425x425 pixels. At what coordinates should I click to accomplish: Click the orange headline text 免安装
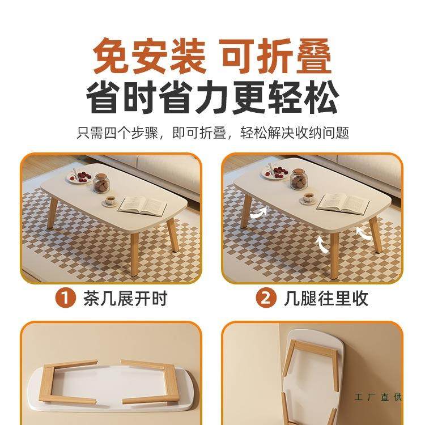coord(148,55)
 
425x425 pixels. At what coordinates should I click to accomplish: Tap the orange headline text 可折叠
coord(276,55)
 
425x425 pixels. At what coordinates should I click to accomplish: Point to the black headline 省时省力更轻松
coord(212,97)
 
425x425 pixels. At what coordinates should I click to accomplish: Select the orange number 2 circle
coord(265,298)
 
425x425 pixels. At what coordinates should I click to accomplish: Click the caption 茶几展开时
coord(125,298)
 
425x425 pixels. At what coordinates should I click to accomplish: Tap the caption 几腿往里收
coord(326,298)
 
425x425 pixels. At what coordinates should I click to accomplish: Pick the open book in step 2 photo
coord(342,202)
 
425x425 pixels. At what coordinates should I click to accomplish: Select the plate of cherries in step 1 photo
coord(79,176)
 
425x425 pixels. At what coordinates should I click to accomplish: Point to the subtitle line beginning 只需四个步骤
coord(212,134)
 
